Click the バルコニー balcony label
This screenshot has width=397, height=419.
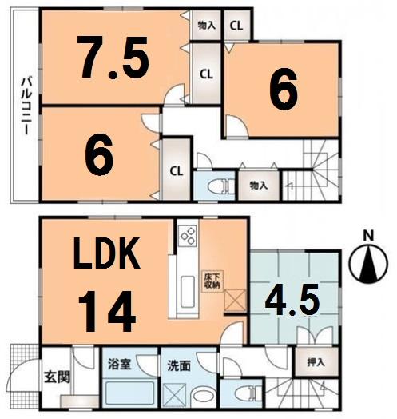pos(26,107)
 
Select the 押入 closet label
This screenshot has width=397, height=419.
pos(316,362)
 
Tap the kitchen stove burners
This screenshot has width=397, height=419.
pos(188,235)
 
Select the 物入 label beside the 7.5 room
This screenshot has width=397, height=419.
pos(206,25)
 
